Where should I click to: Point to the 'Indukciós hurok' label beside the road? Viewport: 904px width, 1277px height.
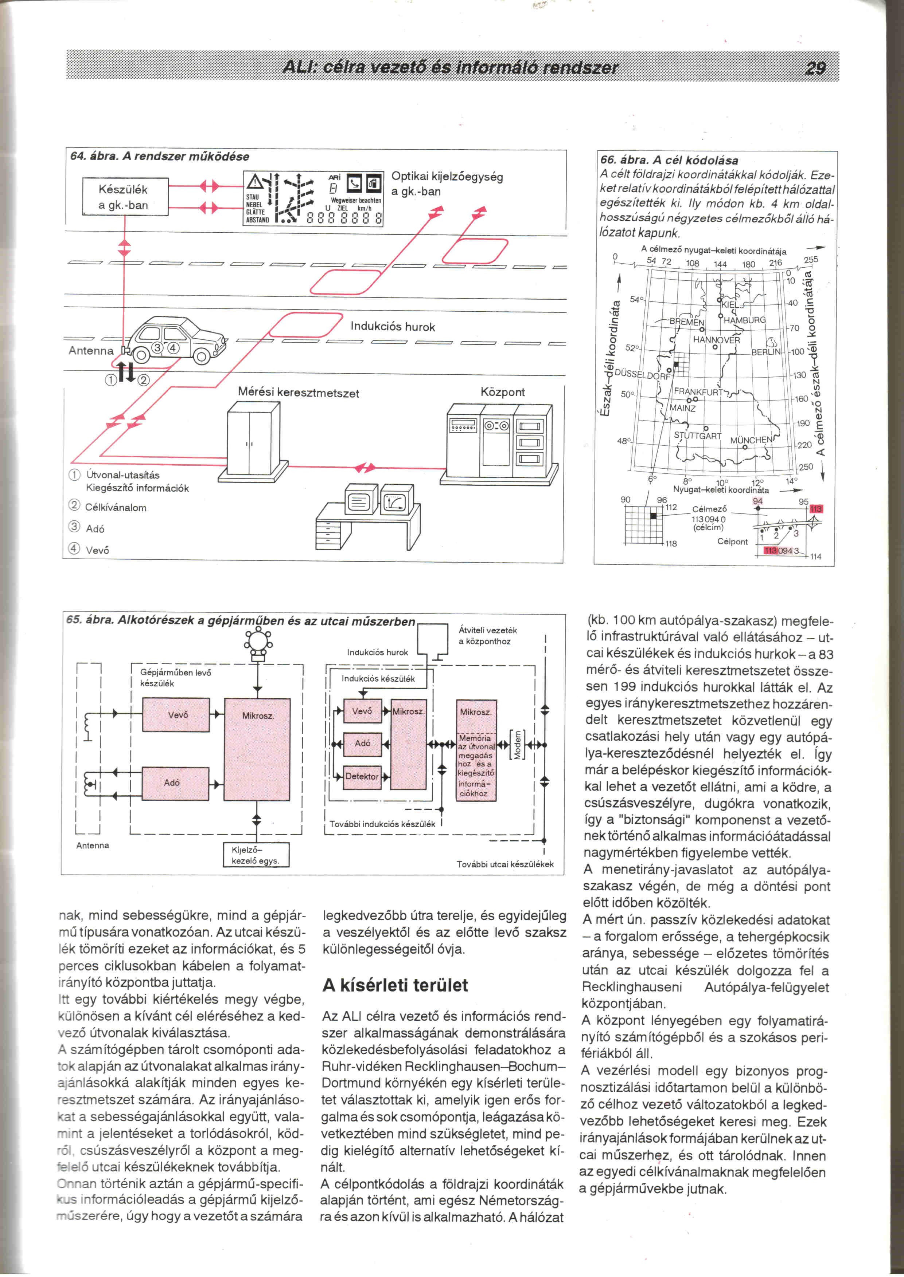[x=393, y=327]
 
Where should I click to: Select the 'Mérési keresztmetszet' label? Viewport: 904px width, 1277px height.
[x=299, y=393]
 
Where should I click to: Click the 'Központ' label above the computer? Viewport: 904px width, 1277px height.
[x=502, y=392]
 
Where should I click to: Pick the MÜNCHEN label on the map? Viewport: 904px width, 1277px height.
[x=751, y=440]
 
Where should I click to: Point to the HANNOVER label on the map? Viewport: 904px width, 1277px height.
[x=716, y=340]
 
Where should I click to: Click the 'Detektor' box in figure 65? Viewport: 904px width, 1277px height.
[x=362, y=776]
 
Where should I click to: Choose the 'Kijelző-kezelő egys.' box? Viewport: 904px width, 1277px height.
[x=256, y=855]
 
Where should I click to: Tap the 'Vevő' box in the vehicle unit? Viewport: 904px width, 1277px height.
[x=177, y=715]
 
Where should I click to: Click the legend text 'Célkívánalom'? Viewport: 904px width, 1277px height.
[x=116, y=508]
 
